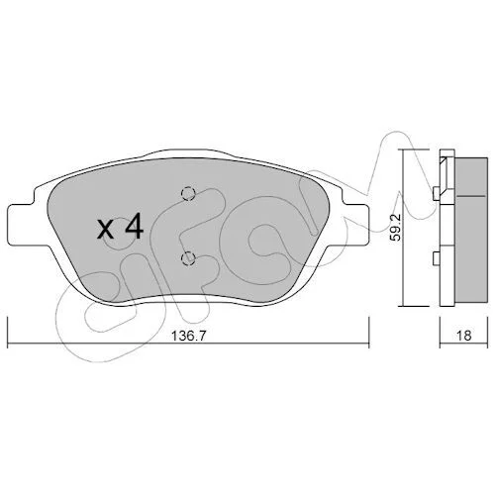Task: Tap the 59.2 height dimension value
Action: point(395,227)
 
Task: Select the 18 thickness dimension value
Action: point(463,336)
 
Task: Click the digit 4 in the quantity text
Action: point(133,226)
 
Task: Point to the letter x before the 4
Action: point(106,229)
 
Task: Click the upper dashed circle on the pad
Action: point(188,194)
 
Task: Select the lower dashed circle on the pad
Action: point(188,258)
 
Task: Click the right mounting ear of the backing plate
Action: point(354,225)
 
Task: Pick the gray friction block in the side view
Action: point(471,230)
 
